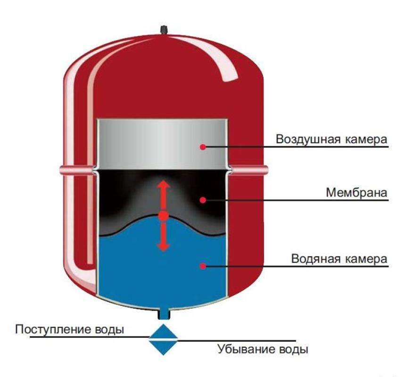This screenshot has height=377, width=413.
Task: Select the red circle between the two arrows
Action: coord(163,216)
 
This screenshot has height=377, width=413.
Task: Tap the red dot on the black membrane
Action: coord(203,200)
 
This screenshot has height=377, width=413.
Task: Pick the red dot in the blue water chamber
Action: coord(203,266)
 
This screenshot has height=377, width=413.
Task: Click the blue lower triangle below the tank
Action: coord(163,347)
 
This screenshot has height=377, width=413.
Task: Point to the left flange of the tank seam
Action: coord(75,171)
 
